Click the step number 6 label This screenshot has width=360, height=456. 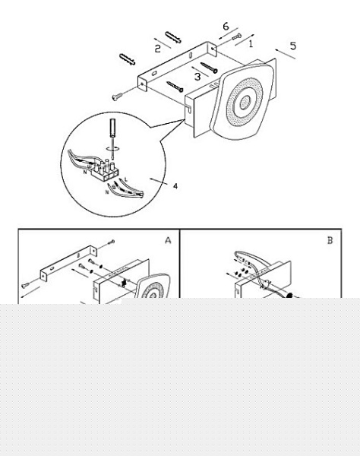(x=226, y=27)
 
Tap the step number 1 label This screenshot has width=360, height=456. (x=251, y=43)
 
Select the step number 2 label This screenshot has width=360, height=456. (x=157, y=49)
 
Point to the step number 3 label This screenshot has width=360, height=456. (x=197, y=77)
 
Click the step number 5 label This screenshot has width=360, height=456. (x=293, y=46)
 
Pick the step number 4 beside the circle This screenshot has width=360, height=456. (x=175, y=186)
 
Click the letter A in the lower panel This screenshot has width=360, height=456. (x=168, y=240)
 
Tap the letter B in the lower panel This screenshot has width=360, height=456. (x=330, y=240)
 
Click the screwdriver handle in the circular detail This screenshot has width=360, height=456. (x=112, y=127)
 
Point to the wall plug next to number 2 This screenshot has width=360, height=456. (x=173, y=37)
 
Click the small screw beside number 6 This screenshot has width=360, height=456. (x=236, y=36)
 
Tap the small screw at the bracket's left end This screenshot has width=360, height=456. (x=117, y=97)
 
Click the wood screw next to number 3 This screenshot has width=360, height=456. (x=209, y=68)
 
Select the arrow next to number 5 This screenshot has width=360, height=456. (x=286, y=54)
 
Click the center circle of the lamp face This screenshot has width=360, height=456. (x=245, y=102)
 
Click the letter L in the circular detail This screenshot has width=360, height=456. (x=126, y=179)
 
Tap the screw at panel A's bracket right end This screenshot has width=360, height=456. (x=111, y=242)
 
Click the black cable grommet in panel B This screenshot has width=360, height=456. (x=289, y=296)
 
